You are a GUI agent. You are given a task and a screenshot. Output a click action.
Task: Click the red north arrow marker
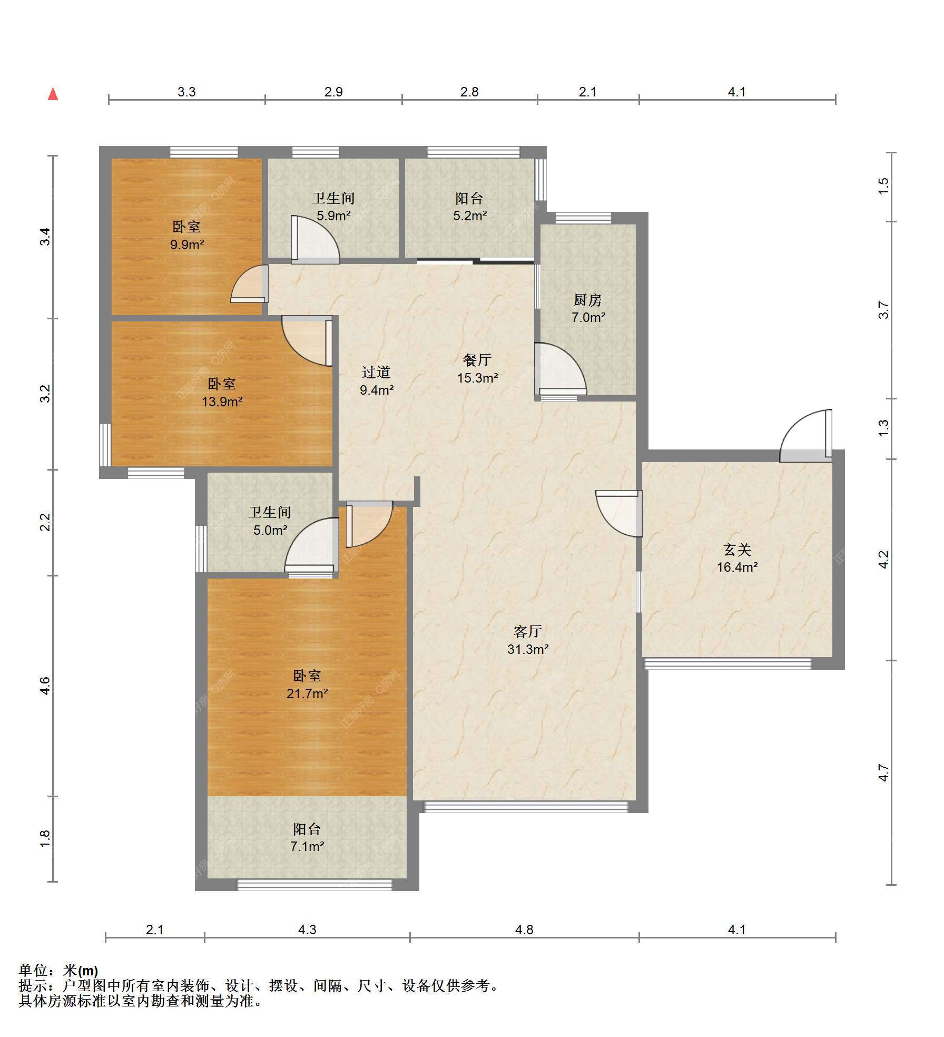(53, 94)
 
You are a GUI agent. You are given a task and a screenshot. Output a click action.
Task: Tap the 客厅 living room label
(528, 631)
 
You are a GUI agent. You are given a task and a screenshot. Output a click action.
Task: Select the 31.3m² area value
(528, 649)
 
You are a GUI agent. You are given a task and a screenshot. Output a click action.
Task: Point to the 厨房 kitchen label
(588, 300)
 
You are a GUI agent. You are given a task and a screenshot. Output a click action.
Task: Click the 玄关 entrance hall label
(737, 550)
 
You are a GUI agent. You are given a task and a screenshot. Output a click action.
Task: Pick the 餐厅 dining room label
(477, 360)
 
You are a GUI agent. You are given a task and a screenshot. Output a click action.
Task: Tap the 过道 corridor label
(376, 372)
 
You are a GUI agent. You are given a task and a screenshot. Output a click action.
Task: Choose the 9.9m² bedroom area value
(187, 244)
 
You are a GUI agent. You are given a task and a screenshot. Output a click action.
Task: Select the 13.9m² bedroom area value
(222, 402)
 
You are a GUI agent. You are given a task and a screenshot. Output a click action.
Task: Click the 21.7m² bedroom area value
(307, 693)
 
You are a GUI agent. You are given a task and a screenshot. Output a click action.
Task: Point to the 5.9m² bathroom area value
(334, 216)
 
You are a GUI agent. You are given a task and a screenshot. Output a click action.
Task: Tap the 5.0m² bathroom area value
(270, 530)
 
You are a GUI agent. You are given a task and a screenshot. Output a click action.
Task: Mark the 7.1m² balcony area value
(307, 846)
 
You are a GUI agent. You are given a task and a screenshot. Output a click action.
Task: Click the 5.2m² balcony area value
(470, 216)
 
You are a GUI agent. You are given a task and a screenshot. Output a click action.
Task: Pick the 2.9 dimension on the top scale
(333, 92)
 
